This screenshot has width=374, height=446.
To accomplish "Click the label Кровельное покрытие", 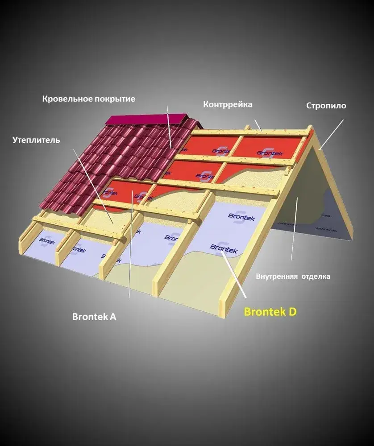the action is coord(88,99).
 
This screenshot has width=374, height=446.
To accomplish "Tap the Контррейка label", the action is coord(228,105).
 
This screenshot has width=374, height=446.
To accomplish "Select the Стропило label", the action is coord(326,106).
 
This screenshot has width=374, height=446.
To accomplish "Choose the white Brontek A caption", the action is coord(94,317).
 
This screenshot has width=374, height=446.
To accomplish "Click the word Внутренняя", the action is coord(277,277).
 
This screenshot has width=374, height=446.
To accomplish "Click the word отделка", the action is coord(316,277).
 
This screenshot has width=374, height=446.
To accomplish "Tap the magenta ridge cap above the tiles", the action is coord(147,120).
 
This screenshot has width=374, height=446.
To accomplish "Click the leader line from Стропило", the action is coord(331,134).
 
